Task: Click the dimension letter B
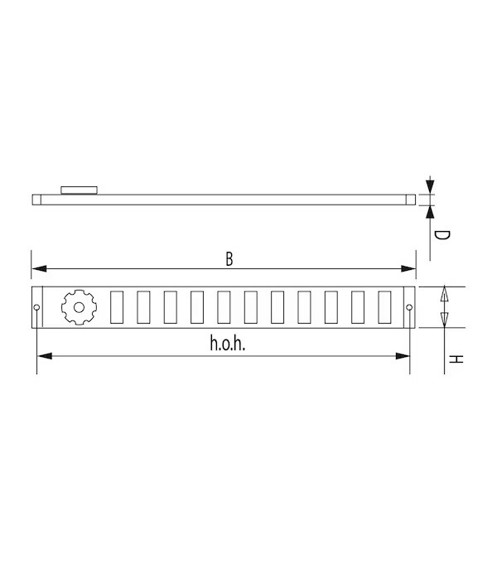[x=229, y=258]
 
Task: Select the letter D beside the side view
[x=442, y=236]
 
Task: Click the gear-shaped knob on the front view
[x=79, y=307]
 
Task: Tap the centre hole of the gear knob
[x=79, y=307]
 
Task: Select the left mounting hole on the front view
[x=36, y=309]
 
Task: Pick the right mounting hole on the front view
[x=409, y=309]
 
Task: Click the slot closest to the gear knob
[x=117, y=307]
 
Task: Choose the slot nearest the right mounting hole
[x=384, y=307]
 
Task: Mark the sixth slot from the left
[x=250, y=307]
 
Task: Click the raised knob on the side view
[x=80, y=190]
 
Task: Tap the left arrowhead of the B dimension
[x=37, y=268]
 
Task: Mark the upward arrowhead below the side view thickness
[x=430, y=210]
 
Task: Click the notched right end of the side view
[x=411, y=199]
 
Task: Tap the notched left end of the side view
[x=36, y=199]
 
